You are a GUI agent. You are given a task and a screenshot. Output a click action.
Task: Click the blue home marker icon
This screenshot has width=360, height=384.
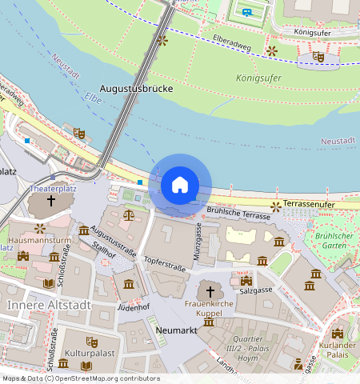(x=180, y=186)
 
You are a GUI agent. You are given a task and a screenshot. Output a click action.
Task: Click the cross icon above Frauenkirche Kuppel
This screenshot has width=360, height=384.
(x=211, y=292)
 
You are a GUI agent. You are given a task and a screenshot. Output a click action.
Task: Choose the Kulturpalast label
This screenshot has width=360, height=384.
(x=86, y=352)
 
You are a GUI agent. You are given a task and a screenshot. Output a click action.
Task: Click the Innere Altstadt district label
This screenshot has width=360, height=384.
(x=49, y=306)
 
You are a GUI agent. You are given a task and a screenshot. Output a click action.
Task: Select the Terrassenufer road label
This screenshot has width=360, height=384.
(x=308, y=205)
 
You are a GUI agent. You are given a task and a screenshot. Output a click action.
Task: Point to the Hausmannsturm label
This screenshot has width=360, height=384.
(x=39, y=239)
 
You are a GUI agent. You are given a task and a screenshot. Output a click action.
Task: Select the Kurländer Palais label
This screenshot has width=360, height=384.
(x=336, y=349)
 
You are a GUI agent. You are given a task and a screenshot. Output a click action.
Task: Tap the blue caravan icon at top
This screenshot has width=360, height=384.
(x=247, y=12)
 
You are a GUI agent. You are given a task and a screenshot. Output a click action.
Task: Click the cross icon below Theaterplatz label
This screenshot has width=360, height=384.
(x=51, y=202)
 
